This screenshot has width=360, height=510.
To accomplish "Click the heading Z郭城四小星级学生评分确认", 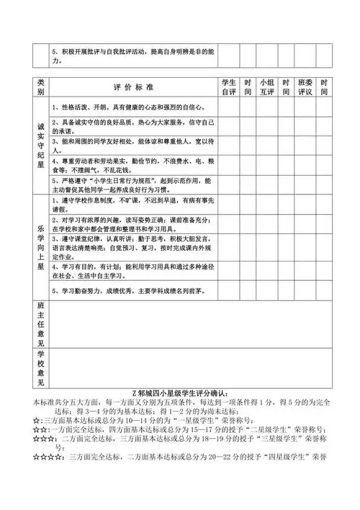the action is coord(181,393).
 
